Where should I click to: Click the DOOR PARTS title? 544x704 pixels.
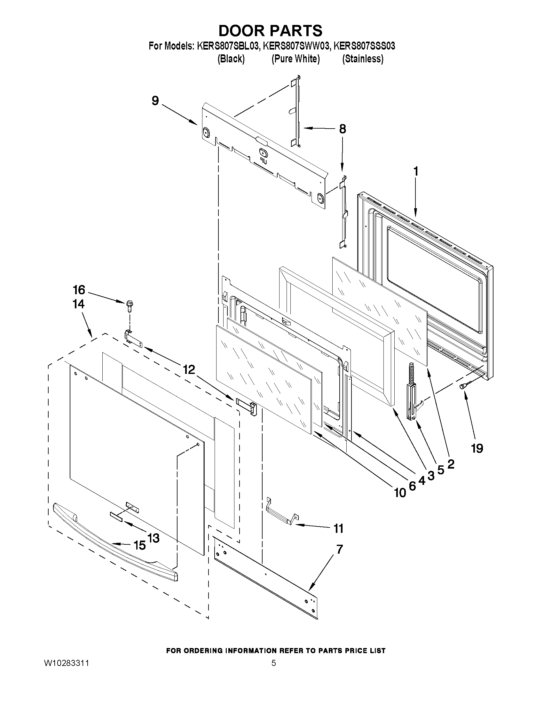click(x=270, y=31)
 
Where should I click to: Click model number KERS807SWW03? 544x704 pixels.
click(x=296, y=46)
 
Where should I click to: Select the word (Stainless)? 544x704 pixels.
click(x=363, y=59)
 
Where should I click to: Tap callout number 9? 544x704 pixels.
click(x=155, y=100)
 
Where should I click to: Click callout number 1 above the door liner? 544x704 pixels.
click(x=416, y=171)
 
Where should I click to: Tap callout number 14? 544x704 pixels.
click(x=78, y=304)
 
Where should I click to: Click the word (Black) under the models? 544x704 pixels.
click(x=231, y=59)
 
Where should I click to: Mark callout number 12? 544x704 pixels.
click(x=189, y=369)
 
